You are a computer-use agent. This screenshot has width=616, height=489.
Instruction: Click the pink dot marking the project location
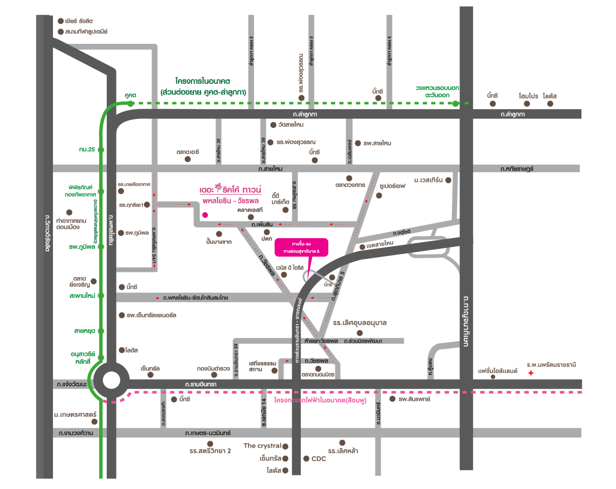[x=205, y=215]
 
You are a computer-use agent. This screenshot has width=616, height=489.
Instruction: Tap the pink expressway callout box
[x=301, y=247]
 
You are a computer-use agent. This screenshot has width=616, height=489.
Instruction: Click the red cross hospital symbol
[x=531, y=373]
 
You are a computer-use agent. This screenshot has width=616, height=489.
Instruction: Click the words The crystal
[x=262, y=446]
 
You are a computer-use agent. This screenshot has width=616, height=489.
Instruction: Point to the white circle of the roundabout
[x=111, y=380]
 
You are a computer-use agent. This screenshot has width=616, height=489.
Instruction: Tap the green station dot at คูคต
[x=130, y=103]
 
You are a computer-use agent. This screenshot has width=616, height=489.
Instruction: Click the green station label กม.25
[x=87, y=150]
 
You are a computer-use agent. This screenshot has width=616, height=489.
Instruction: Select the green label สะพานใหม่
[x=82, y=296]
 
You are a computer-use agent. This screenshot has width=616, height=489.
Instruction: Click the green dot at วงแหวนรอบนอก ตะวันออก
[x=455, y=103]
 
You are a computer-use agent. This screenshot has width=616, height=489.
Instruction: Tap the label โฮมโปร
[x=528, y=96]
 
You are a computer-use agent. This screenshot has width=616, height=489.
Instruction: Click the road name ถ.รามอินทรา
[x=201, y=384]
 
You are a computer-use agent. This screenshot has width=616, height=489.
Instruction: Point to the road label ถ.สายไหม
[x=270, y=168]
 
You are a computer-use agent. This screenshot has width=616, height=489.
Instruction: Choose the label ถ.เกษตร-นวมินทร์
[x=208, y=433]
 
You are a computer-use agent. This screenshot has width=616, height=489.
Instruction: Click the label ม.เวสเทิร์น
[x=428, y=180]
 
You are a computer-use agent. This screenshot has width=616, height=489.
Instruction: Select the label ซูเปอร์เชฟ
[x=392, y=186]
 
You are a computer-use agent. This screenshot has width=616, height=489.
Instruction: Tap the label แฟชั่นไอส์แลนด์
[x=498, y=371]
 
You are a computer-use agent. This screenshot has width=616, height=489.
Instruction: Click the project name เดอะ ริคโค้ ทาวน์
[x=231, y=190]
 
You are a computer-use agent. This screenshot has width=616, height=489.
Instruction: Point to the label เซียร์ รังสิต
[x=79, y=21]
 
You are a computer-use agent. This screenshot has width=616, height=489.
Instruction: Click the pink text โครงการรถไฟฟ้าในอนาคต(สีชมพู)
[x=320, y=400]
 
